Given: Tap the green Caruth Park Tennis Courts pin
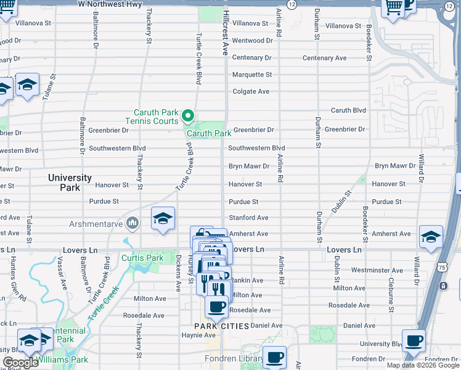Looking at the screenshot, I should (x=189, y=115).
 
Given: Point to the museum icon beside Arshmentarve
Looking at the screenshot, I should (x=131, y=222).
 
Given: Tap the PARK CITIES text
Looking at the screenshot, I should (x=221, y=326).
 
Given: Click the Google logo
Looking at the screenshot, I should (x=20, y=363).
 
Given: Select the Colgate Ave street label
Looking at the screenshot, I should (x=251, y=91).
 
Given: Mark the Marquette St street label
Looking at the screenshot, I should (x=251, y=75).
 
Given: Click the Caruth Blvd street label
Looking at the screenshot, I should (x=348, y=110).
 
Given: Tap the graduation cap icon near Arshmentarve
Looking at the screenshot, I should (x=163, y=219).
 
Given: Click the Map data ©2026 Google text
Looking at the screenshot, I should (x=422, y=365).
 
